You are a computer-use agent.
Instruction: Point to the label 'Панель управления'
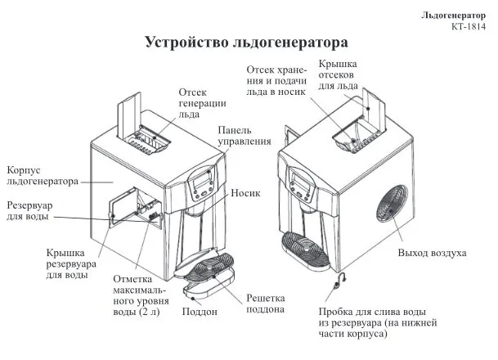point(244,136)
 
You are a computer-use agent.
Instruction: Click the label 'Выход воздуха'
point(431,253)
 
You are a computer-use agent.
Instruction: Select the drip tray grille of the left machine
point(210,270)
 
